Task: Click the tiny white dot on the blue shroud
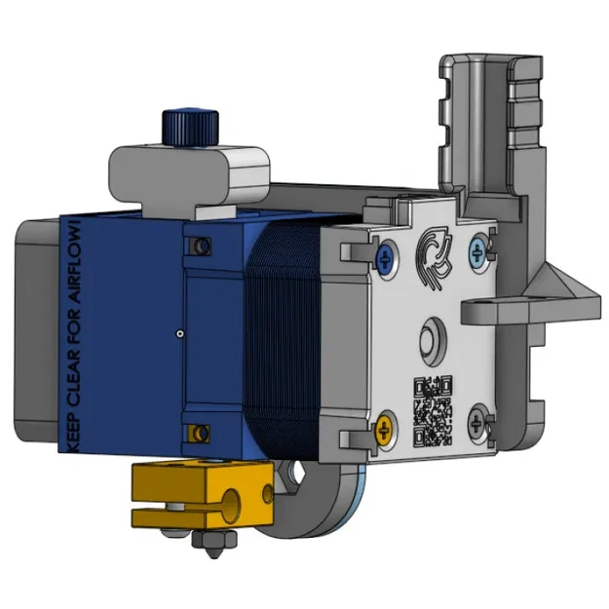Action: click(x=179, y=333)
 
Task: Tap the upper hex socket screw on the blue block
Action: click(x=202, y=243)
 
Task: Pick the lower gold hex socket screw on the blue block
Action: click(x=202, y=431)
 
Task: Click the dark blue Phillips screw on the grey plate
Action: click(x=387, y=257)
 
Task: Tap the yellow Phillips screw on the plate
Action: click(x=386, y=426)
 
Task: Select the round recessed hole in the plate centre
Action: click(x=430, y=341)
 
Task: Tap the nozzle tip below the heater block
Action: click(x=209, y=552)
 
